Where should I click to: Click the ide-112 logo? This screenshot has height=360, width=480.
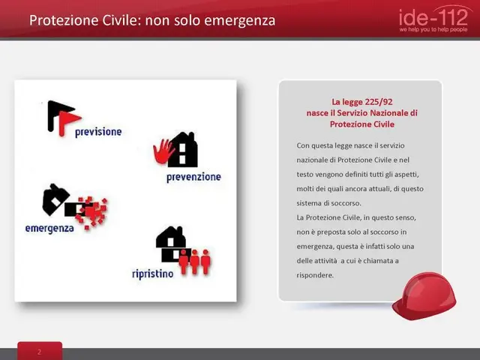(x=433, y=18)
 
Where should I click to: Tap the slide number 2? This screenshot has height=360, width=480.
(x=39, y=352)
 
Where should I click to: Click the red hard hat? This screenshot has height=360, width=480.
(x=424, y=295)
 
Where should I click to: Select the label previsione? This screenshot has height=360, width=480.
(x=98, y=132)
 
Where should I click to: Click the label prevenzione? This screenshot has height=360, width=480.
(x=193, y=177)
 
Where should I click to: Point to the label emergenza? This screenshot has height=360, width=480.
(x=49, y=228)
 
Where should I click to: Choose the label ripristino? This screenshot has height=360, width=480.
(x=153, y=274)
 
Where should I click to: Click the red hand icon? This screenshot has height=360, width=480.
(x=163, y=151)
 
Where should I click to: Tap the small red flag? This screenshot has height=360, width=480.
(x=68, y=121)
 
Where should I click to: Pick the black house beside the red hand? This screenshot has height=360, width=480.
(x=184, y=150)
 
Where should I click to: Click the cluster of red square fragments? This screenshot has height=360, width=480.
(x=92, y=211)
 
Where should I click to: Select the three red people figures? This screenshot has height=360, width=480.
(x=195, y=262)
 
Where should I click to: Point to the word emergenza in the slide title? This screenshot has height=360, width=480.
(x=239, y=21)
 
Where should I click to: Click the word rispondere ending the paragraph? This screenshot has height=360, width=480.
(x=315, y=275)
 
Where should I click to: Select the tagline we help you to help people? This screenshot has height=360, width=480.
(x=433, y=30)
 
